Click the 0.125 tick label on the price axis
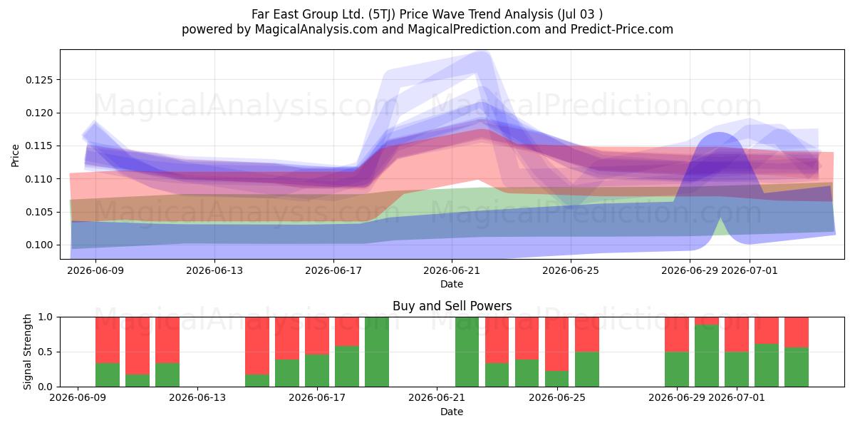[39, 80]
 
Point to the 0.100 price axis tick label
[39, 245]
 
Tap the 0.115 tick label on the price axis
[39, 146]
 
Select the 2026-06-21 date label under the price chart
[452, 270]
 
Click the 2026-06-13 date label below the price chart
[214, 270]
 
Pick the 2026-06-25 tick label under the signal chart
[557, 398]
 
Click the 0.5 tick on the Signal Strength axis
[46, 352]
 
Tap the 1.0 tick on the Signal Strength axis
[46, 317]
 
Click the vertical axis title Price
[15, 156]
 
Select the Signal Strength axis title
[27, 352]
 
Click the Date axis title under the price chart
[452, 284]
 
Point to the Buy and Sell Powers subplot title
[452, 306]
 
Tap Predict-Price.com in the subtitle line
[622, 29]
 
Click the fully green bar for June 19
[377, 352]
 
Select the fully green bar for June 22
[467, 352]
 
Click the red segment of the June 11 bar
[138, 346]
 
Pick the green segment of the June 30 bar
[707, 355]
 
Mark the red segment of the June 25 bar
[557, 344]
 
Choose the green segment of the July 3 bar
[797, 367]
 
